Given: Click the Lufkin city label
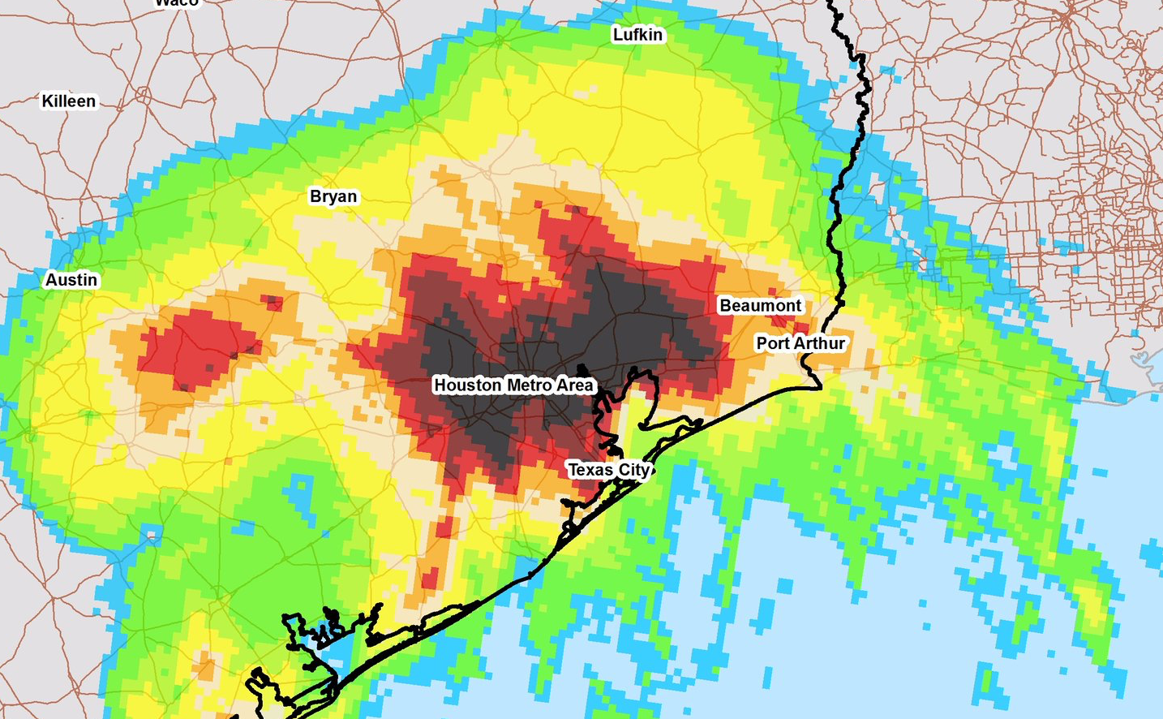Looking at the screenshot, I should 637,34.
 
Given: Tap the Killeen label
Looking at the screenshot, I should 69,101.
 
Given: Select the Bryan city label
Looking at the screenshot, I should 333,196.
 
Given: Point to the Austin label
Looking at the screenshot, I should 71,280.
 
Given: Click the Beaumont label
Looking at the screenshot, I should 760,306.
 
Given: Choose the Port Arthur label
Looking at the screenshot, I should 800,343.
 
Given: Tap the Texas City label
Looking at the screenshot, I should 608,470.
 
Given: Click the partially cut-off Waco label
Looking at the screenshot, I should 177,3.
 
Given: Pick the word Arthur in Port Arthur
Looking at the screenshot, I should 819,343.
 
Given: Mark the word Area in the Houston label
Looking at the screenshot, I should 574,385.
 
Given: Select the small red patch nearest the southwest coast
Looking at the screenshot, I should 429,578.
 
